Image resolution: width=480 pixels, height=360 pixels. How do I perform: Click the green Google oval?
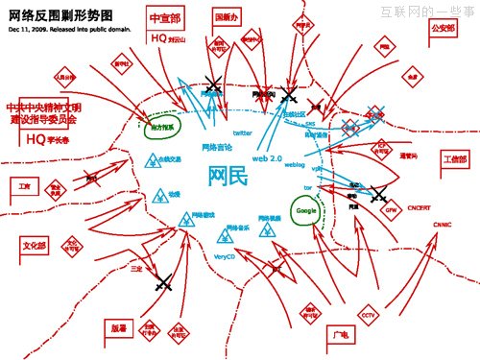(306, 210)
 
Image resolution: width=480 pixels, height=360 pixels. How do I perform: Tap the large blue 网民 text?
(228, 177)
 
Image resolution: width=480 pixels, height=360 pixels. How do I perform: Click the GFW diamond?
(392, 208)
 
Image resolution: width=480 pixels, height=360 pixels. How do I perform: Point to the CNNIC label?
(442, 226)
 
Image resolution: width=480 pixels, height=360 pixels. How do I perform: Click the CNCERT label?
(420, 207)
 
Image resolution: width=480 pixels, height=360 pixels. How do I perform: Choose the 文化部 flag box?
(34, 245)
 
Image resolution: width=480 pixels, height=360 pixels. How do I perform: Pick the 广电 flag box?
(337, 335)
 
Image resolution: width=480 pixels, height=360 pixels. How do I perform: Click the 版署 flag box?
(117, 327)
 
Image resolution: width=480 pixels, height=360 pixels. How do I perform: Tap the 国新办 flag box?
(227, 17)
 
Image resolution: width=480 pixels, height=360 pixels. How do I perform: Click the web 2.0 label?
(268, 156)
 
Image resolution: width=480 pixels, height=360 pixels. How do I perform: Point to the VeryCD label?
(225, 258)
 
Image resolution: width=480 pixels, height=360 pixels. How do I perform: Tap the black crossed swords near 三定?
(162, 281)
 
